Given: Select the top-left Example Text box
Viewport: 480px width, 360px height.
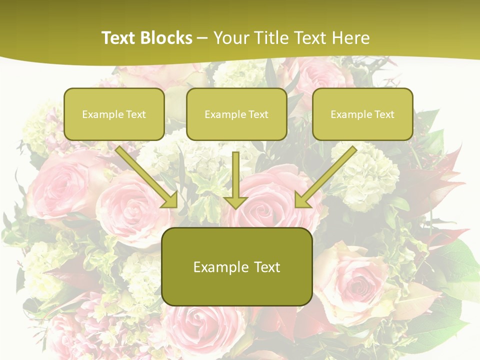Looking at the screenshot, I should tap(114, 114).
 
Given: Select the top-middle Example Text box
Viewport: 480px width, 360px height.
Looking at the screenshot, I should tap(236, 114).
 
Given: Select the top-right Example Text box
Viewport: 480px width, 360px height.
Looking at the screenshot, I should tap(362, 114).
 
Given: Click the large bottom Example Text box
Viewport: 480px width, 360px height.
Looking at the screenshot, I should tap(236, 266).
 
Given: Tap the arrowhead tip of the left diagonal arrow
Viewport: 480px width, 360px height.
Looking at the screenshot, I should tap(176, 206).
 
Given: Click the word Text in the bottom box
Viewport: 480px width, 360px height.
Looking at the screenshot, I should tap(264, 266).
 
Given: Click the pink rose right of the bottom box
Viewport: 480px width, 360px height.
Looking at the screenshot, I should tap(352, 282).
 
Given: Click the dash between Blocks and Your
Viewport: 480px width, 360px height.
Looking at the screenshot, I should tap(202, 38).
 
